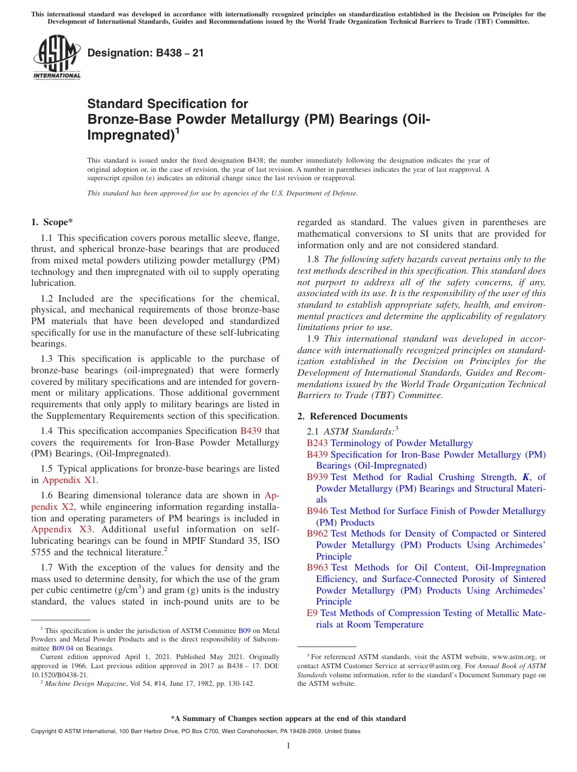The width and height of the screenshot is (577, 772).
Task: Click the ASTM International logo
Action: point(56,58)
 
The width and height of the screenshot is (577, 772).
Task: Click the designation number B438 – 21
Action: point(146,53)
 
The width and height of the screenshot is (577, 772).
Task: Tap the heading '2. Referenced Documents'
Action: point(352,416)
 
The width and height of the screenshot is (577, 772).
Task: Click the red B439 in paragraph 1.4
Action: point(251,431)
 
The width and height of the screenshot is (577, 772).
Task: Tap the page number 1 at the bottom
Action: point(288,745)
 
